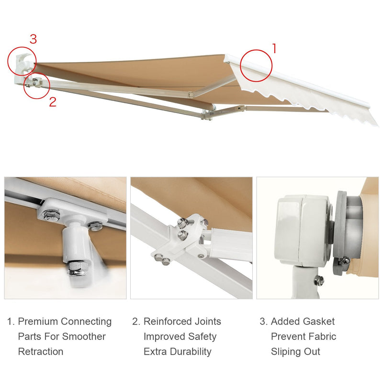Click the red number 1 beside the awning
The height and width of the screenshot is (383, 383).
[274, 48]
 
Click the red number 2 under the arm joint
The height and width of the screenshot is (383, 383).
[53, 101]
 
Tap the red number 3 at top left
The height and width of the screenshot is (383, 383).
[33, 39]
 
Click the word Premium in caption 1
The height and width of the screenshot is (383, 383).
[39, 321]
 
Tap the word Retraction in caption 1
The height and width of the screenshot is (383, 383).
[41, 351]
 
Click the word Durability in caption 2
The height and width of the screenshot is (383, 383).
[190, 351]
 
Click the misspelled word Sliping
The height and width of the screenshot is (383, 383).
[287, 351]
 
